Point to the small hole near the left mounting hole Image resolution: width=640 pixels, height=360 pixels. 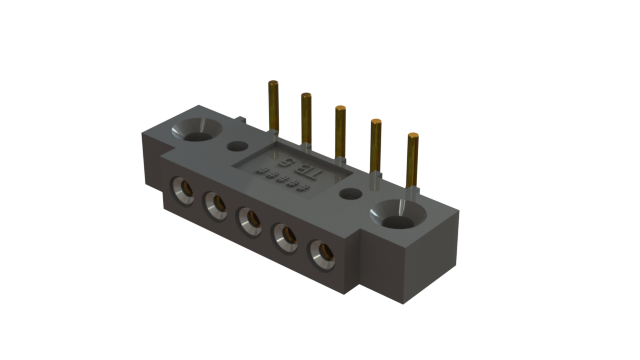(x=238, y=145)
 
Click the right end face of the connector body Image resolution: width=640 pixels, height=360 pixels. (x=440, y=250)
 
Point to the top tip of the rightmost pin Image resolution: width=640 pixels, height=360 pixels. (x=412, y=136)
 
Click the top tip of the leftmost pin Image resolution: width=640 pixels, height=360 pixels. (x=272, y=84)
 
